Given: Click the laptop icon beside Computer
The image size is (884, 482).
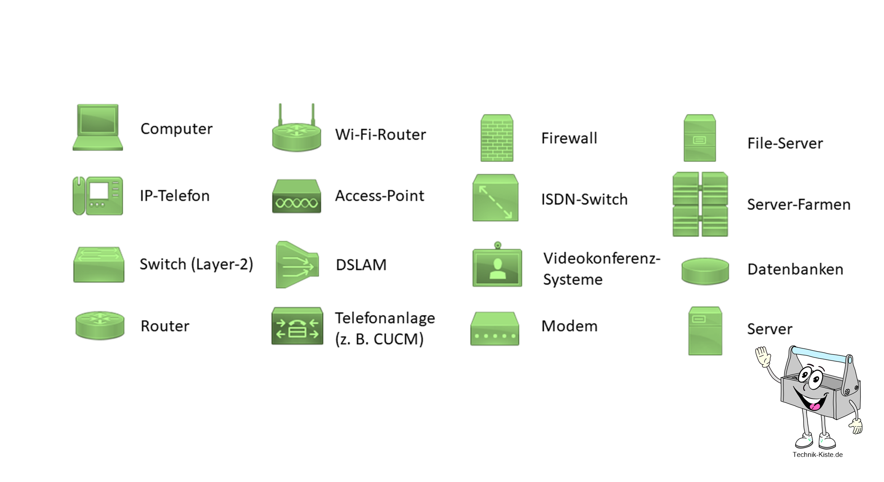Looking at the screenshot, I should (x=98, y=128).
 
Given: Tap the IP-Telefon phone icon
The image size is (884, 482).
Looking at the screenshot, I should (x=98, y=196).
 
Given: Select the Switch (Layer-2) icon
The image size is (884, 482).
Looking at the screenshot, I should (x=99, y=265).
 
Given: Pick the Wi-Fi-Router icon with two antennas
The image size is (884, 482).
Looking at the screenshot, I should (x=296, y=132).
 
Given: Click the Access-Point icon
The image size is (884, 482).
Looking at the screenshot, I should (x=296, y=197).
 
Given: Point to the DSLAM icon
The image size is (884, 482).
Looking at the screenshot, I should (x=297, y=265).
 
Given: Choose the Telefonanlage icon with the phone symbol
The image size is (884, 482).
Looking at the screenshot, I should (x=297, y=326).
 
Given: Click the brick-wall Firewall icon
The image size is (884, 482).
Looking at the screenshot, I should (x=496, y=138).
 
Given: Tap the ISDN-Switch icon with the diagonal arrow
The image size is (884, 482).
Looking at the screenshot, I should (x=495, y=198).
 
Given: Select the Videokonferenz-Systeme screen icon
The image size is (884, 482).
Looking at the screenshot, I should (x=497, y=266).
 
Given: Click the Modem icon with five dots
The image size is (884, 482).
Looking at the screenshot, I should (x=495, y=329).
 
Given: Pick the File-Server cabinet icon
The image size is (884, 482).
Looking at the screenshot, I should (x=700, y=138).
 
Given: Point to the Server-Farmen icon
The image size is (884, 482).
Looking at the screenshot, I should (x=700, y=204).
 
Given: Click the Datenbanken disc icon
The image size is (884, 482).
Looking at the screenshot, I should (x=705, y=271).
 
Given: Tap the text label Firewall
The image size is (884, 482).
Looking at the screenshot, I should (x=569, y=138).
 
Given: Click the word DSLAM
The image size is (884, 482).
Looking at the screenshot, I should (x=361, y=265).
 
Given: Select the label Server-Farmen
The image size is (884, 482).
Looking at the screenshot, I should (x=798, y=205).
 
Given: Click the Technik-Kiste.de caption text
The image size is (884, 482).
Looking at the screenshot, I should (x=817, y=455).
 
